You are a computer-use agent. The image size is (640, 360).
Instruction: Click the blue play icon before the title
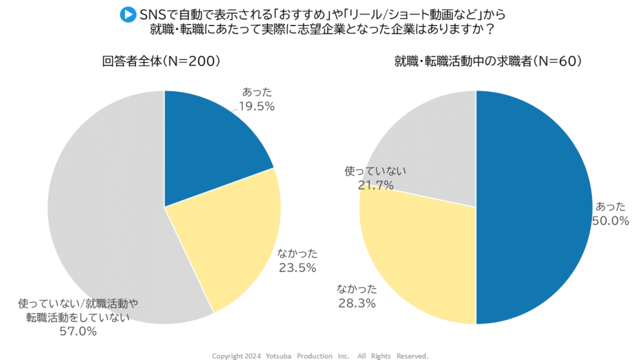pyautogui.click(x=127, y=13)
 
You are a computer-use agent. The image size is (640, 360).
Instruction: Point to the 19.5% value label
pyautogui.click(x=257, y=106)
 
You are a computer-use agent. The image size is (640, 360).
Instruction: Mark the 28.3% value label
pyautogui.click(x=357, y=304)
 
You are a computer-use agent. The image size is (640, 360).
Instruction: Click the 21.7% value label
pyautogui.click(x=376, y=185)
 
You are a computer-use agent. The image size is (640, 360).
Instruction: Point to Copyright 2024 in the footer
pyautogui.click(x=237, y=356)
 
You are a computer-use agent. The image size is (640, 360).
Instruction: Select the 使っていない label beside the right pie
pyautogui.click(x=376, y=171)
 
